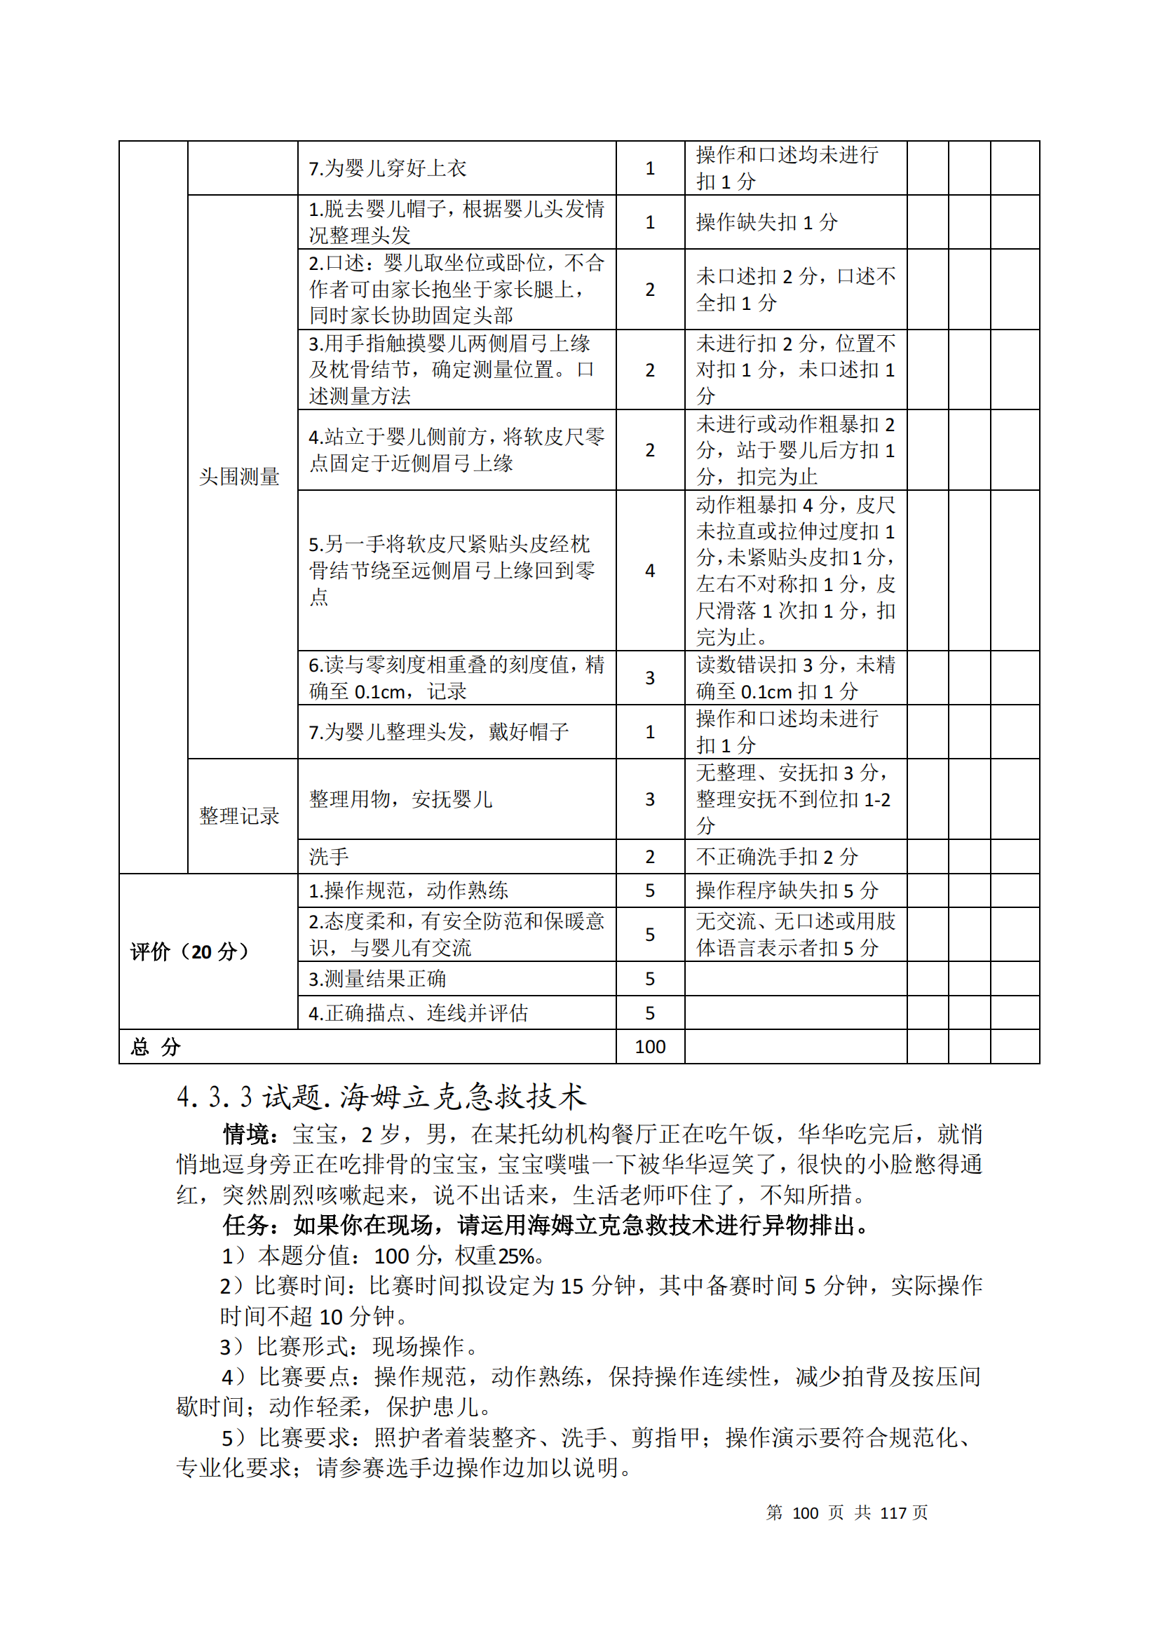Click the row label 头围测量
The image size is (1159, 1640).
tap(238, 476)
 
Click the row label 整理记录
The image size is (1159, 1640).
tap(238, 815)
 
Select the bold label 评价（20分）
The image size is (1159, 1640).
tap(190, 951)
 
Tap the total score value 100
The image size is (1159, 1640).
tap(650, 1046)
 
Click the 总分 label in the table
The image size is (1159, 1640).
tap(156, 1047)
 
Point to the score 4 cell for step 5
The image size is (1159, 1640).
tap(650, 570)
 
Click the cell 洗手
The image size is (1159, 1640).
tap(330, 856)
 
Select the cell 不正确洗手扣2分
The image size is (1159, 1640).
tap(777, 856)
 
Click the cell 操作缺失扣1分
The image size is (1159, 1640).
tap(767, 222)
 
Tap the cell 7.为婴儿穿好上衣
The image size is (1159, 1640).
tap(387, 168)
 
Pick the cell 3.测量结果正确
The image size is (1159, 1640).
tap(377, 979)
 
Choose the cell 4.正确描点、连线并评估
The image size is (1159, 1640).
tap(418, 1013)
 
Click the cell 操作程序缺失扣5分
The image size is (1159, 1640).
tap(787, 890)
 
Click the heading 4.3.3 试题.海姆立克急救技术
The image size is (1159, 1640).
tap(381, 1097)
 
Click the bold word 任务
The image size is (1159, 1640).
tap(245, 1225)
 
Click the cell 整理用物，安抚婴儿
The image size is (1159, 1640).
tap(400, 799)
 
